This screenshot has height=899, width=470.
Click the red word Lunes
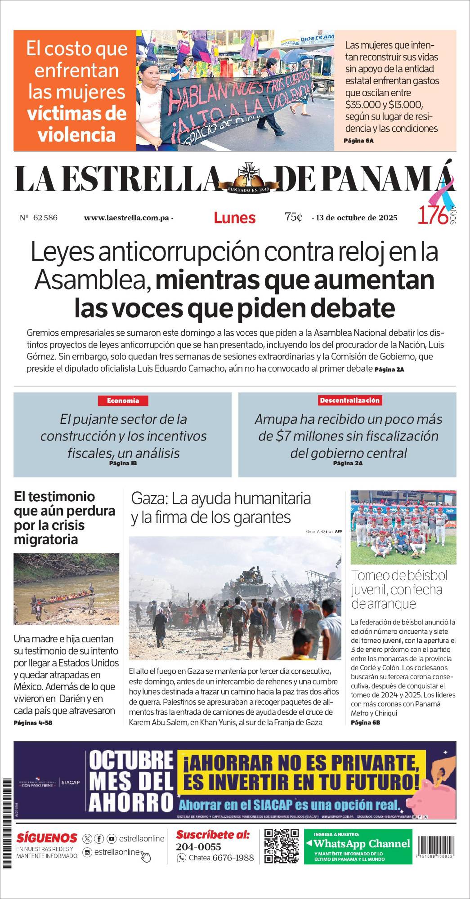pos(234,218)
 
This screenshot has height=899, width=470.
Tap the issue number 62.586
pos(45,218)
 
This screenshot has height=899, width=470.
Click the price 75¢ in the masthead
pos(293,217)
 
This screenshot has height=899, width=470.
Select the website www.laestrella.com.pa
pos(126,218)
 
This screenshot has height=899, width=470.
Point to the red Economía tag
pos(123,401)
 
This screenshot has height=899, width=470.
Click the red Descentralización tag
pos(349,400)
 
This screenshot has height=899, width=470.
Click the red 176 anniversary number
pos(433,215)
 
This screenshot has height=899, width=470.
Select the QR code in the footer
pos(282,846)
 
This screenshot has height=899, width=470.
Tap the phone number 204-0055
pos(198,847)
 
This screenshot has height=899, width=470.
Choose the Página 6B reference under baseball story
pos(365,722)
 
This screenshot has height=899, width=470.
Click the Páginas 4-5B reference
pos(33,723)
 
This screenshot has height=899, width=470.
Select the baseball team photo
pos(403,527)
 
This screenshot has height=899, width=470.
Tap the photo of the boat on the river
pos(66,589)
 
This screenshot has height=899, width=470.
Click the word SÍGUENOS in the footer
pos(47,838)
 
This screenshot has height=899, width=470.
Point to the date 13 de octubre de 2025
pos(357,218)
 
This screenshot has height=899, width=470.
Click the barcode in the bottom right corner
pos(435,848)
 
